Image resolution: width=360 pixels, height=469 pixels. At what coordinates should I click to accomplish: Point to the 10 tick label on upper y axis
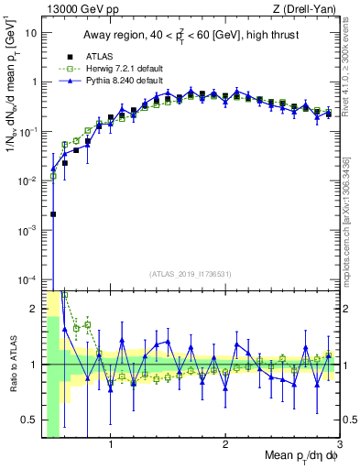point(30,33)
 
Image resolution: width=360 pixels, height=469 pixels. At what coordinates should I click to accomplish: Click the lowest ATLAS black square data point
point(53,214)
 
